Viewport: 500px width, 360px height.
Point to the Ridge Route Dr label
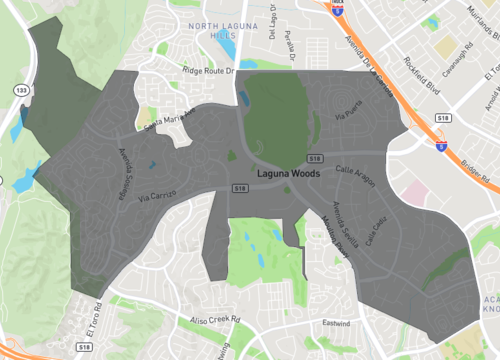click(207, 71)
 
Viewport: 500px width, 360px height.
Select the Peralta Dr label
click(290, 40)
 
